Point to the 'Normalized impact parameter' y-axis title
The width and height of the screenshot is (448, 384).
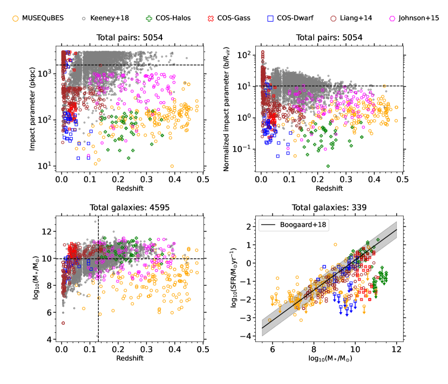point(226,111)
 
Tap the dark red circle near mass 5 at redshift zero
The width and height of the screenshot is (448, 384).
point(63,323)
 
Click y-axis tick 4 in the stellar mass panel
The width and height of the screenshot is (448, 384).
point(49,339)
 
